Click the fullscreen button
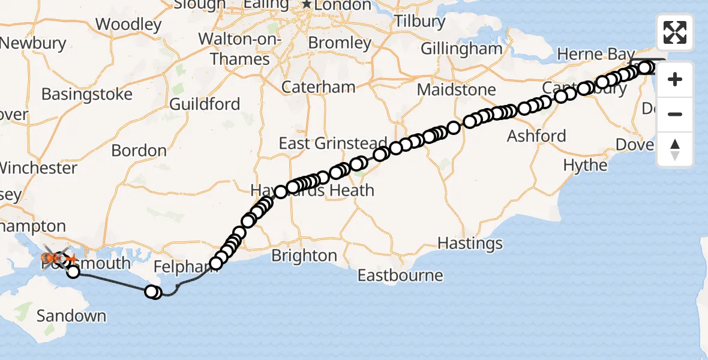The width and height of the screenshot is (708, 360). (675, 32)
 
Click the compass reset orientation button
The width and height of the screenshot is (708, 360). (675, 149)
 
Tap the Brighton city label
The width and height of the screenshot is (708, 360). (304, 256)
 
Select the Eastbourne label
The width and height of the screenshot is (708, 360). (400, 275)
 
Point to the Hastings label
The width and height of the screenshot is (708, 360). (470, 243)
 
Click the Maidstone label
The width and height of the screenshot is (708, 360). (456, 90)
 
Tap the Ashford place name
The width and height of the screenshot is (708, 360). (536, 136)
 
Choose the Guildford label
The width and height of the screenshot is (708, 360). (205, 104)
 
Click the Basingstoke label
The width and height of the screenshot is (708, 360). (87, 95)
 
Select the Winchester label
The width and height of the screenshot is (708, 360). (38, 167)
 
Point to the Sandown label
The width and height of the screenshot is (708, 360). (71, 316)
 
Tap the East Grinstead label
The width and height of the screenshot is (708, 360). (333, 143)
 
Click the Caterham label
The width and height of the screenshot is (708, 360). (319, 87)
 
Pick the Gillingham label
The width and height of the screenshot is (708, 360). (461, 49)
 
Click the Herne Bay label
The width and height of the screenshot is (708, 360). (595, 54)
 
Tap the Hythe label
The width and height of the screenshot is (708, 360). (586, 165)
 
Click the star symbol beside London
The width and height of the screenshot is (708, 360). (307, 5)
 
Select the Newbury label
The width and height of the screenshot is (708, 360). (33, 43)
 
